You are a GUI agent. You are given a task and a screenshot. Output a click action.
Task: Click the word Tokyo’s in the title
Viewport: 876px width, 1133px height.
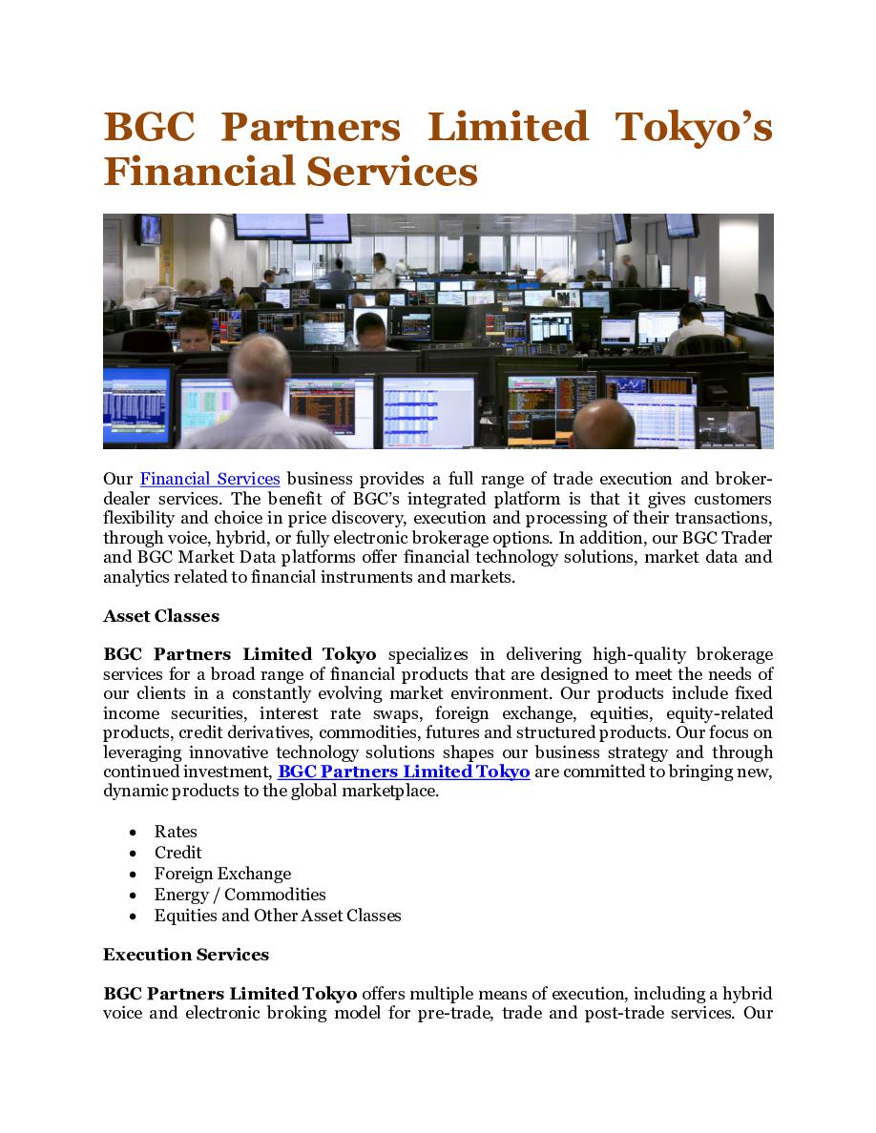point(693,128)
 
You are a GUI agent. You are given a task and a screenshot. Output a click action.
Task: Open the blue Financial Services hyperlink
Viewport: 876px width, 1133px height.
point(210,479)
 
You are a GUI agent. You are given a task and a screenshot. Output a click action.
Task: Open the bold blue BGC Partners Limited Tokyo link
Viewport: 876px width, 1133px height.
point(404,772)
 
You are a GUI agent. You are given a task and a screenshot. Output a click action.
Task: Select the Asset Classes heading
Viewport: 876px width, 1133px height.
point(161,616)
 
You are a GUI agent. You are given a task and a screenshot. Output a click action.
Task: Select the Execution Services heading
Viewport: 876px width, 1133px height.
point(186,955)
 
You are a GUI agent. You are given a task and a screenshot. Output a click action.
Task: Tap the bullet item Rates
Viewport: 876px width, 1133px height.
point(176,832)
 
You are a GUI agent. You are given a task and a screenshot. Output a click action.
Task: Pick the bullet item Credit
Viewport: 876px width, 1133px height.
point(178,853)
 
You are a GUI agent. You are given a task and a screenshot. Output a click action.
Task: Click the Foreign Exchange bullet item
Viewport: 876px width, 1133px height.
point(222,874)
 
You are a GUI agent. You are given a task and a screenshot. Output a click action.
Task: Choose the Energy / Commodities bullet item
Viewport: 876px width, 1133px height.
point(240,895)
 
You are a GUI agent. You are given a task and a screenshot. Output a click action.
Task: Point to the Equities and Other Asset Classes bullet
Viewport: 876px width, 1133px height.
point(278,916)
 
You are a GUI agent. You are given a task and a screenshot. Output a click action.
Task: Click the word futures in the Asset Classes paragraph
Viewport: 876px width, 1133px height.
point(452,732)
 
